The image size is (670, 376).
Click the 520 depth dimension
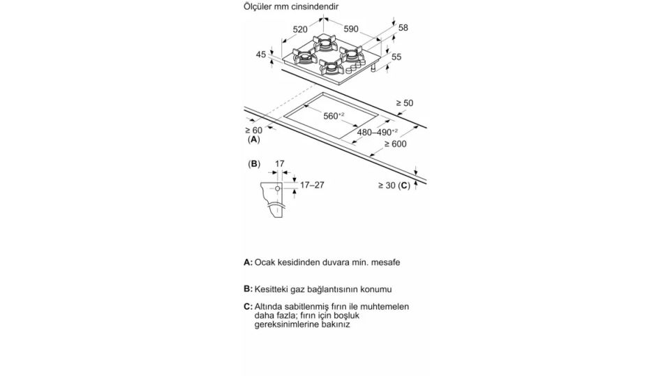[x=300, y=29]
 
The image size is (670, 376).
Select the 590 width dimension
[x=350, y=29]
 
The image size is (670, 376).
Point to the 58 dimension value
[x=403, y=28]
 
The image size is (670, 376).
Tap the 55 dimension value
[x=396, y=57]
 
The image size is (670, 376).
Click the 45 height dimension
[x=261, y=54]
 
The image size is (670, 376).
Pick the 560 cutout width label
[x=334, y=116]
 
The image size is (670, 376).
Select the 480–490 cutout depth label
[x=377, y=131]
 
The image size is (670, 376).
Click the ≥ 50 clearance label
[x=405, y=103]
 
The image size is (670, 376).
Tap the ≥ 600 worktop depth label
[x=395, y=144]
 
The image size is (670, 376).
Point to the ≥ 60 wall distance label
[x=253, y=130]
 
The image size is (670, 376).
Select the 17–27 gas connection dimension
[x=311, y=185]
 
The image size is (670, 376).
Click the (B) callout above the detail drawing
[x=253, y=164]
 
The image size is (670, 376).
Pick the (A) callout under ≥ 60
[x=253, y=140]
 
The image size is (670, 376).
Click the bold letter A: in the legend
[x=248, y=262]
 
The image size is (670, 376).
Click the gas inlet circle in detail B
[x=278, y=188]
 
